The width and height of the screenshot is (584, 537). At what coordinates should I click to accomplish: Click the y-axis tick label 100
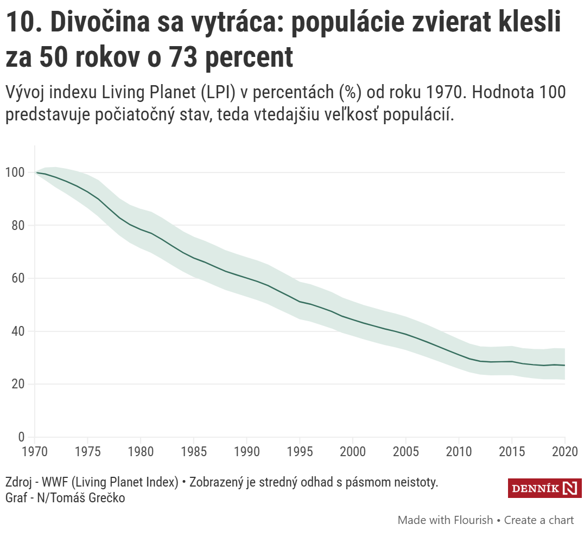click(x=15, y=172)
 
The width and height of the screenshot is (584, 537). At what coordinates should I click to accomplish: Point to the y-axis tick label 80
click(x=18, y=226)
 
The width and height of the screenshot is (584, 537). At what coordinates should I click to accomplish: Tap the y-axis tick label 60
click(x=18, y=278)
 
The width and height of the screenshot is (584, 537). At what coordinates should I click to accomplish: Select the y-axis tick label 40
click(x=18, y=331)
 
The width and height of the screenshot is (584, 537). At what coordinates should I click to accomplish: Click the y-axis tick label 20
click(x=18, y=384)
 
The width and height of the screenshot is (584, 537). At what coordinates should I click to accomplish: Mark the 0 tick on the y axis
click(x=21, y=437)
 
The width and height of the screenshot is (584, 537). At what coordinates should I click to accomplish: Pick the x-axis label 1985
click(x=194, y=452)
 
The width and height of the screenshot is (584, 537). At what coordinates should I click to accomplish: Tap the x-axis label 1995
click(x=300, y=452)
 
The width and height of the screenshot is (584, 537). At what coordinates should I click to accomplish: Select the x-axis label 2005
click(x=405, y=452)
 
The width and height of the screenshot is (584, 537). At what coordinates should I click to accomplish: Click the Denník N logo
click(x=544, y=488)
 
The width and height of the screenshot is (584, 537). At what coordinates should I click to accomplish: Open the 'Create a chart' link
click(x=538, y=520)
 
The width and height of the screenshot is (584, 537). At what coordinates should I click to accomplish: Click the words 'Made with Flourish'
click(x=445, y=520)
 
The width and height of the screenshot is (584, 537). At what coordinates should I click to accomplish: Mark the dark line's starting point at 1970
click(x=36, y=172)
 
